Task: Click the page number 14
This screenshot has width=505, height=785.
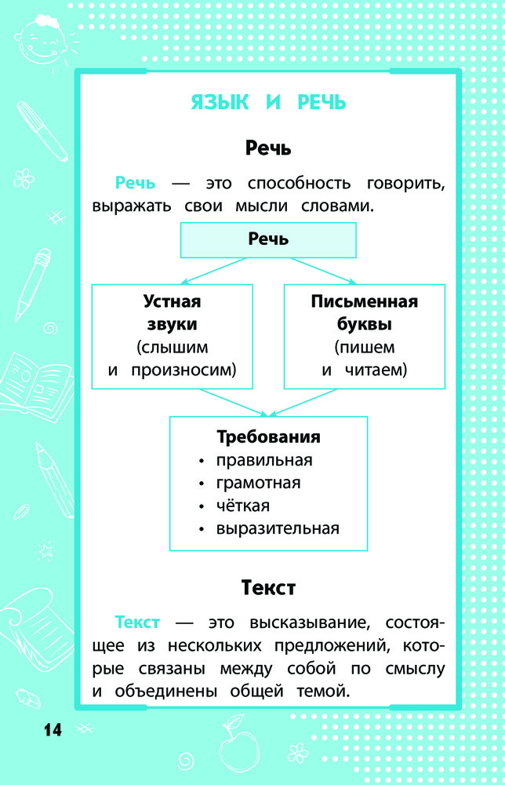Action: pos(53,729)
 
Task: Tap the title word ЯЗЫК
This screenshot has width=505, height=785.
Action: pos(220,102)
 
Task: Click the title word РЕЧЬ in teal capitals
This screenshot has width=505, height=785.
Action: pos(322,102)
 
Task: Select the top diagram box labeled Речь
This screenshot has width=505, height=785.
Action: pos(268,240)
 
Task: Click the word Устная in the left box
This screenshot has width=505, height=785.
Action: pos(172,301)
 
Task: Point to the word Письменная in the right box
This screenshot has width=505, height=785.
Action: pos(365,301)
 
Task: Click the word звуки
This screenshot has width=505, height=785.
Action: pos(172,324)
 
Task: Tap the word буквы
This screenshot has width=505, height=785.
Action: pos(365,324)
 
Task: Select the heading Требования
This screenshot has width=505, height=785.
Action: pos(268,437)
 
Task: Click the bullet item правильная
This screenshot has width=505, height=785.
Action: pos(264,460)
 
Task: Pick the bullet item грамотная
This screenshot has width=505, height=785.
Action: pos(258,483)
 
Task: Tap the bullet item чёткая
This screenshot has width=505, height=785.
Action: pos(242,506)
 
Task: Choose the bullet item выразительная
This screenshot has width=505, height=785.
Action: pos(278,528)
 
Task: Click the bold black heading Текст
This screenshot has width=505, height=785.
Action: pos(268,588)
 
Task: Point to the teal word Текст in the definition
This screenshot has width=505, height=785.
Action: pos(137,623)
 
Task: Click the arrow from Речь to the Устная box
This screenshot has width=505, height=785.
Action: pos(214,271)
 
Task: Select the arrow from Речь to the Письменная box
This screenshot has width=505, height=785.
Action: pos(323,271)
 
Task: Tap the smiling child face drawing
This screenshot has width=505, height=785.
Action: pos(41,40)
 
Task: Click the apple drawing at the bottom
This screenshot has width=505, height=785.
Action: pos(239,746)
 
